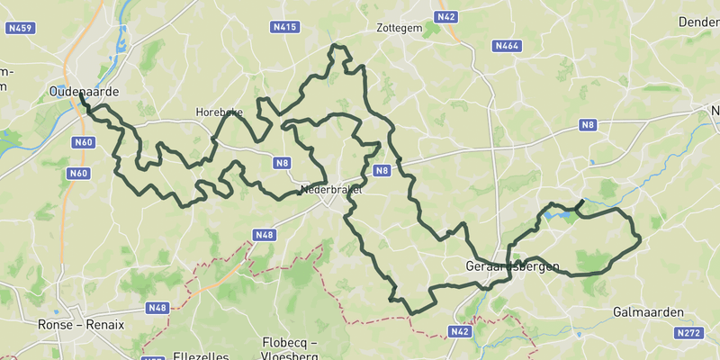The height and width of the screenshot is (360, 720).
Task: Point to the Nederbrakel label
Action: (331, 191)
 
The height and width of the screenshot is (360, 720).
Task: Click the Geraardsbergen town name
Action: (513, 267)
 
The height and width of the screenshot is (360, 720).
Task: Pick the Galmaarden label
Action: (648, 311)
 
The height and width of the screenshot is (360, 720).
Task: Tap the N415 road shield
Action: (284, 28)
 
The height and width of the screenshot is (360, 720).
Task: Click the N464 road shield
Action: (508, 46)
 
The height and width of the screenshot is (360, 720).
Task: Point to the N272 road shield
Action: (688, 333)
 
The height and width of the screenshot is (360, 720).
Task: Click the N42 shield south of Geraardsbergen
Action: (460, 331)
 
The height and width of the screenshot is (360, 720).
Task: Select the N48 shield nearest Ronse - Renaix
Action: (157, 308)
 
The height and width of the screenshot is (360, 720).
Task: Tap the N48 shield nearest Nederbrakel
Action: (264, 235)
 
